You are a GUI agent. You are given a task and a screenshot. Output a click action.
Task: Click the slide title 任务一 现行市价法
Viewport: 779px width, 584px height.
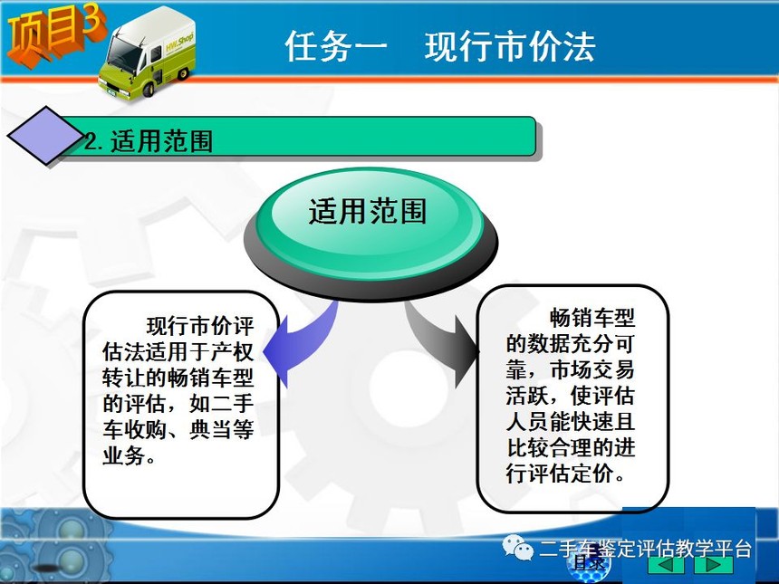439,47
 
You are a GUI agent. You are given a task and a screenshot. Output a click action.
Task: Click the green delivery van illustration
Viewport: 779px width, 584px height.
147,53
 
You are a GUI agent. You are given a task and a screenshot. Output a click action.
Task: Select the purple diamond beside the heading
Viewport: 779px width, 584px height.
45,135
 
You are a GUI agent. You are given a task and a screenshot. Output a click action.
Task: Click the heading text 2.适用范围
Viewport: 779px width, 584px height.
149,141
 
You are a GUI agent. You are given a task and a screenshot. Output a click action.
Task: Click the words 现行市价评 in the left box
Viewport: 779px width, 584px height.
200,326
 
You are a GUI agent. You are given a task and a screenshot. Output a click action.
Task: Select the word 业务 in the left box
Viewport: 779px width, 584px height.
124,455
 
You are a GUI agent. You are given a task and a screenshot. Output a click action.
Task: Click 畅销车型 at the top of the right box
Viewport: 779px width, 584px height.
592,317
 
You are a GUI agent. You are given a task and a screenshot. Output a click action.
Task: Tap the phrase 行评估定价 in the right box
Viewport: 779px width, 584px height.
560,473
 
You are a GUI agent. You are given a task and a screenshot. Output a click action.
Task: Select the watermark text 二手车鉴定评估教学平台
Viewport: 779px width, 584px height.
645,549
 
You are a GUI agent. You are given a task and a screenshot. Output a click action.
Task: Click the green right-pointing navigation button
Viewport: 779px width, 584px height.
714,565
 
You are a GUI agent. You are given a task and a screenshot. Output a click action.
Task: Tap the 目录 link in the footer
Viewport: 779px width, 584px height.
589,563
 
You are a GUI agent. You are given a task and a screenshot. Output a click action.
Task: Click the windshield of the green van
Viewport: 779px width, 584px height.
122,54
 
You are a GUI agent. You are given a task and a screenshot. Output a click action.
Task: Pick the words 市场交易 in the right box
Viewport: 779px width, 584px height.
592,369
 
